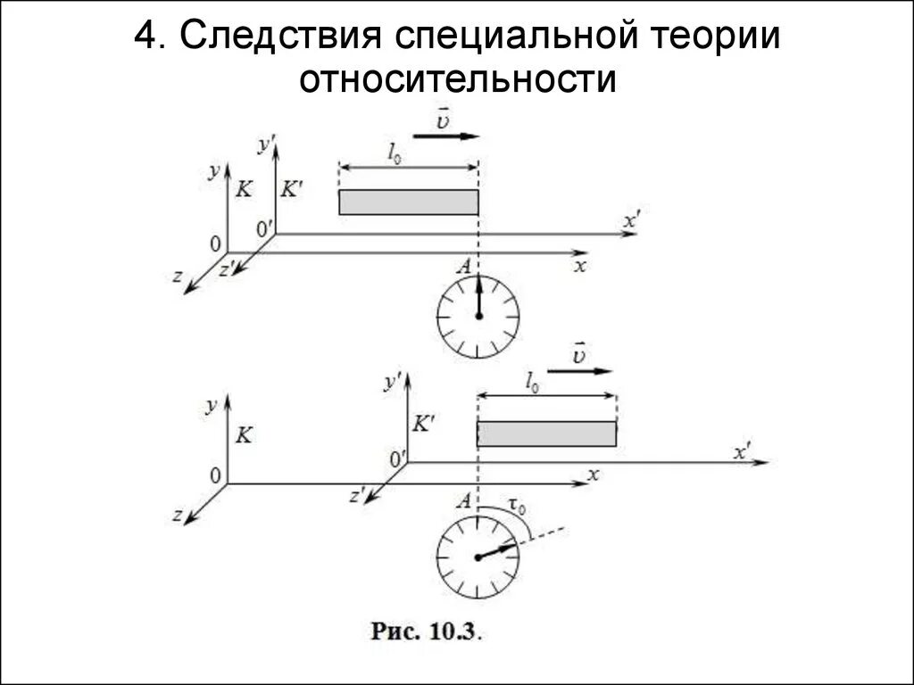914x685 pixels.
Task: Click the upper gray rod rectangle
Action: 409,202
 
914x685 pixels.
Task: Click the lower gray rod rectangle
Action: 546,433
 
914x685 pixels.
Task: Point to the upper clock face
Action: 478,316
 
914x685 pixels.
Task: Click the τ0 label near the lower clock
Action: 516,506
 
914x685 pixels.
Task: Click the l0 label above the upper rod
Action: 394,153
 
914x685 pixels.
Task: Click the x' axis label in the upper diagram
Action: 632,219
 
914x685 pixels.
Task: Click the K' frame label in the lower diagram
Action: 423,424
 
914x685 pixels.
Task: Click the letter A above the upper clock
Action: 462,266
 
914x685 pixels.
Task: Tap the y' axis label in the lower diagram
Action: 391,382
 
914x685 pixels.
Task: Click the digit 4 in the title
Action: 145,37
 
